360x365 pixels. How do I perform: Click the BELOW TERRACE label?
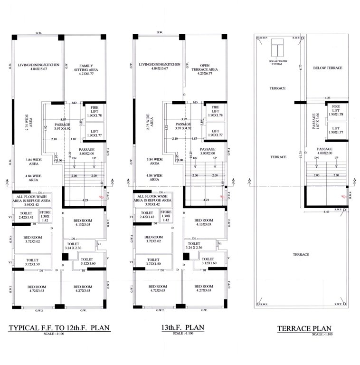click(x=328, y=68)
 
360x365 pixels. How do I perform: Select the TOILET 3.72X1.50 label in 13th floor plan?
click(x=147, y=261)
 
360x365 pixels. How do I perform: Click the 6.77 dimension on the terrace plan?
click(x=301, y=68)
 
